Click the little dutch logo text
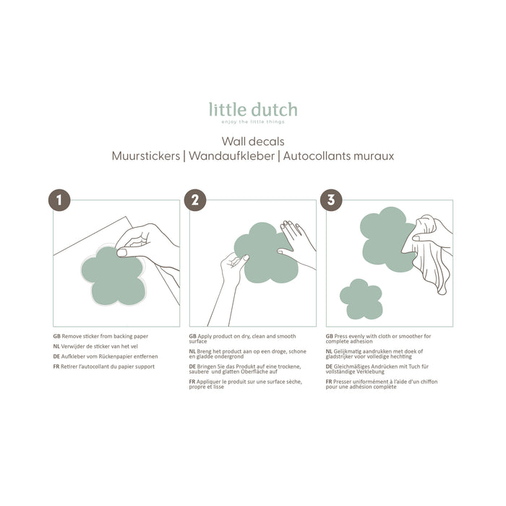tap(253, 110)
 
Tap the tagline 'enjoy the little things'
tap(253, 122)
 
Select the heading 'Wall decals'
tap(253, 141)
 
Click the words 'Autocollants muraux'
tap(338, 155)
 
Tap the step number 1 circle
tap(59, 200)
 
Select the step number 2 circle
tap(195, 200)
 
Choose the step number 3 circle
tap(331, 200)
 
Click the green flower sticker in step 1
tap(112, 275)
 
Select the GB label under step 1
tap(56, 337)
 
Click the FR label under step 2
tap(192, 381)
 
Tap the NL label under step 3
tap(330, 351)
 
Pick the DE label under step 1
tap(56, 356)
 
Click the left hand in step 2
tap(233, 271)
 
